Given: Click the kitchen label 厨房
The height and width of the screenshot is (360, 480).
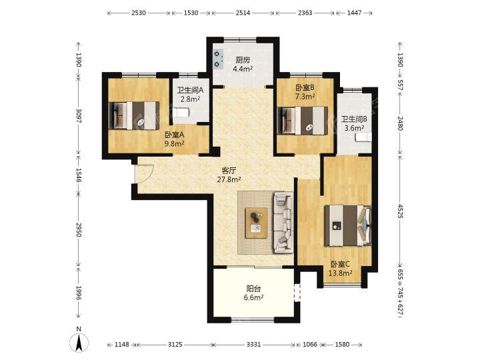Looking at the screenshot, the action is (243, 60).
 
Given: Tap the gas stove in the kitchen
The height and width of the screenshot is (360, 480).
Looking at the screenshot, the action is (217, 59).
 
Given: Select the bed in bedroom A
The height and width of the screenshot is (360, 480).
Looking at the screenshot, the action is (134, 116).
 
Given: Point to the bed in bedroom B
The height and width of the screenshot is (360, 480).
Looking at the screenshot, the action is (302, 120).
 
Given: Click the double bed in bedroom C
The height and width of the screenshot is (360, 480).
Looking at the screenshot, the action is (348, 225).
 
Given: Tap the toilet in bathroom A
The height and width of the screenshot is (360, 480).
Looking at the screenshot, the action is (181, 113).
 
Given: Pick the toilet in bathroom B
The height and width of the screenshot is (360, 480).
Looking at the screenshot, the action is (364, 137).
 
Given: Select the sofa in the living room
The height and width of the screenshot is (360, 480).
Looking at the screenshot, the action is (283, 223).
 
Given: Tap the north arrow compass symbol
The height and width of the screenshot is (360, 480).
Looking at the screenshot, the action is (79, 342).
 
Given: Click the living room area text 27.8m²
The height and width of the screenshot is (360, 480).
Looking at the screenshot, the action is (229, 180).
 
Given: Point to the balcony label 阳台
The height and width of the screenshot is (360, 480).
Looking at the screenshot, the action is (254, 289).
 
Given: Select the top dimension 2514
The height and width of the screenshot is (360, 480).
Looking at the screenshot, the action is (243, 13).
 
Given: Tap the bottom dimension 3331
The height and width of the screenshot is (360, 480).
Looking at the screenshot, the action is (254, 345).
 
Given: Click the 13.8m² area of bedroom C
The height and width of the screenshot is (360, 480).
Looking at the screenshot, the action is (340, 273).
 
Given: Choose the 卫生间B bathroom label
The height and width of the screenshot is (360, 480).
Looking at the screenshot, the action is (354, 119).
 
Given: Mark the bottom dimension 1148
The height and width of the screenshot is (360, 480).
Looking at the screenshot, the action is (122, 345).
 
